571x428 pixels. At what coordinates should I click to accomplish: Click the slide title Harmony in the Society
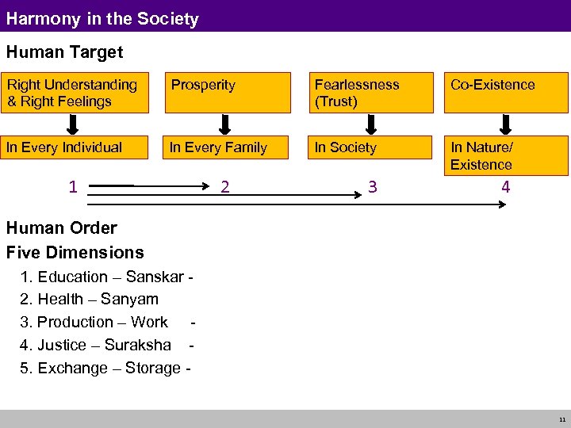pos(102,18)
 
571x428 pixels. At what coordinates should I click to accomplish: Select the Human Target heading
pos(64,52)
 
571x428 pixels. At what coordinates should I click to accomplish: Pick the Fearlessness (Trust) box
pos(370,93)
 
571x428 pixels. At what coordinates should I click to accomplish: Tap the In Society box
pos(370,147)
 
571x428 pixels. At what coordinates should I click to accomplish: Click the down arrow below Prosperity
pos(224,124)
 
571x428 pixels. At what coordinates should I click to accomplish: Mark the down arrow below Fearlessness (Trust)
pos(370,124)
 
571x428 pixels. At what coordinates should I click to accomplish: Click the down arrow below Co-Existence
pos(506,124)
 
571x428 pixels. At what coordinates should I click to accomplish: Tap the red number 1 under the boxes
pos(72,187)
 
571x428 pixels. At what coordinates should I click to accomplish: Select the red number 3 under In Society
pos(371,187)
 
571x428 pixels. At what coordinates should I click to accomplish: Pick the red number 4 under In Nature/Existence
pos(505,187)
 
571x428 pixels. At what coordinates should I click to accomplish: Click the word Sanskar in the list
pos(156,277)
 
